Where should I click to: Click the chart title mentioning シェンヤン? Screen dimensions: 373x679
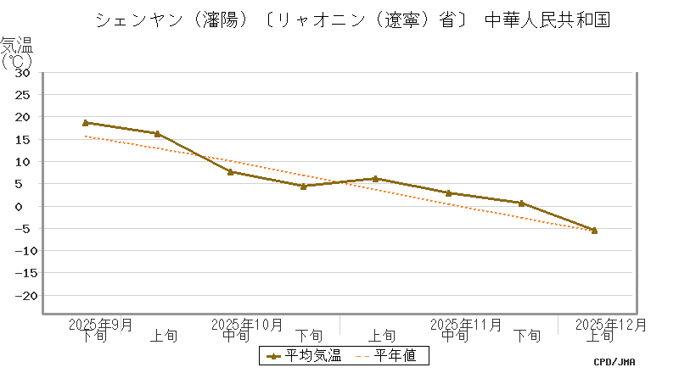tap(352, 19)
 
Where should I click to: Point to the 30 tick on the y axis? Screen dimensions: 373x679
tap(23, 72)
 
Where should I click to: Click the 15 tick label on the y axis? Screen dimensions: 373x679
tap(23, 139)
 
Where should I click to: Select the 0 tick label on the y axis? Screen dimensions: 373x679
tap(27, 206)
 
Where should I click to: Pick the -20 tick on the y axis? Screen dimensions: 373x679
tap(19, 296)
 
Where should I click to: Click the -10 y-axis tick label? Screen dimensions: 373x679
tap(19, 251)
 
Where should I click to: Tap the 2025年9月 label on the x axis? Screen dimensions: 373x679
tap(101, 325)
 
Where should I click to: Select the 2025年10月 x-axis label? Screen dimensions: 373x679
tap(246, 325)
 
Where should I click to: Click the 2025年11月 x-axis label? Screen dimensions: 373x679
tap(466, 325)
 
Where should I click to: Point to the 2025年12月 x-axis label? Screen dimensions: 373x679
tap(611, 325)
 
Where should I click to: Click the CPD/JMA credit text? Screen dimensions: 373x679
tap(614, 362)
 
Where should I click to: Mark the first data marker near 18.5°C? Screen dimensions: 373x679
tap(86, 123)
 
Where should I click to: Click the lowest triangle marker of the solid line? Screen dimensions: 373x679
tap(594, 230)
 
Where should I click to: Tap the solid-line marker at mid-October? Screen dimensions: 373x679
tap(231, 171)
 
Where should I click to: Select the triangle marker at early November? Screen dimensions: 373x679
tap(375, 179)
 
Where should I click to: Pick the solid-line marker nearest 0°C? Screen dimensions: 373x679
tap(521, 203)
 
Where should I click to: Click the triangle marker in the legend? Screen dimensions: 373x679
tap(273, 356)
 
